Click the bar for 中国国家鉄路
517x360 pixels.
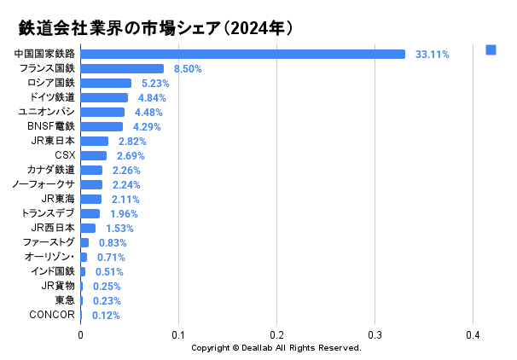[242, 54]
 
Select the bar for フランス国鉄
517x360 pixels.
[122, 68]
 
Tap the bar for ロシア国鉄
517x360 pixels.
[106, 83]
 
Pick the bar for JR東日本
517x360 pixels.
[94, 141]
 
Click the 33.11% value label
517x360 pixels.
[432, 54]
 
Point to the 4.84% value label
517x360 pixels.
[154, 97]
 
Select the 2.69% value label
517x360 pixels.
[131, 155]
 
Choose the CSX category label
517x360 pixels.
[65, 155]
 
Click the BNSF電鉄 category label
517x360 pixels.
[51, 126]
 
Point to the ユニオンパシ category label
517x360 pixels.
[47, 112]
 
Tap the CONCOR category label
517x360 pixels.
[52, 315]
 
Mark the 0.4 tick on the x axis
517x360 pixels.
[472, 334]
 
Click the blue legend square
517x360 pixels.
[491, 50]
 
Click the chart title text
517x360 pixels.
[157, 28]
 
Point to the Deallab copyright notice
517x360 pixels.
[276, 348]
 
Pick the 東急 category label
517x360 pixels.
[65, 300]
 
